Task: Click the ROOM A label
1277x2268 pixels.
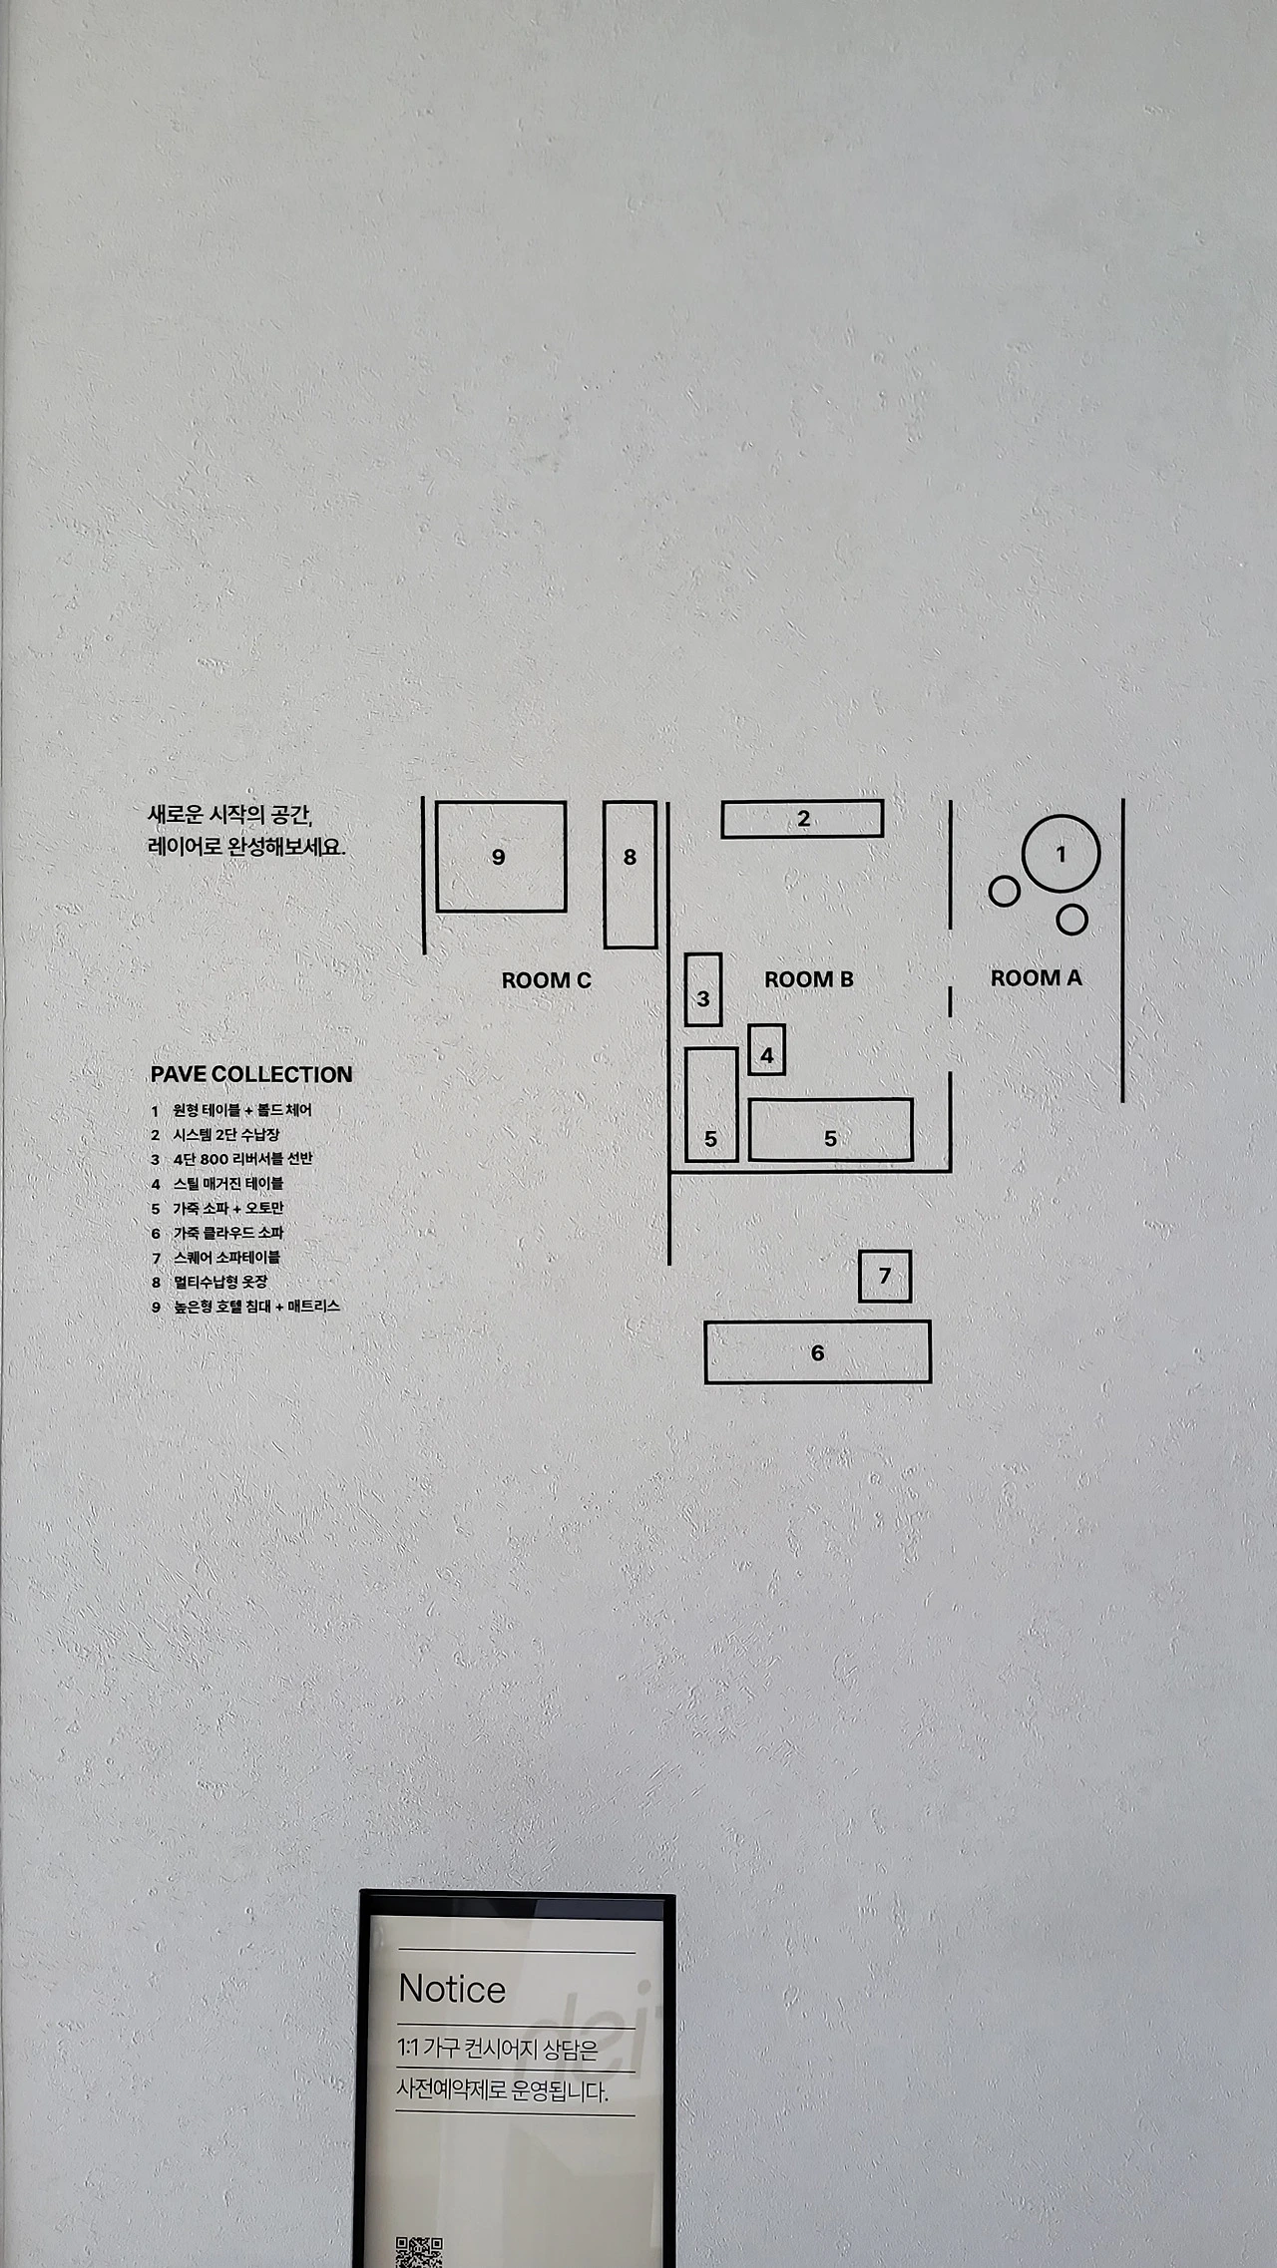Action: point(1036,978)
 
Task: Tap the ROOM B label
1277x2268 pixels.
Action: point(808,980)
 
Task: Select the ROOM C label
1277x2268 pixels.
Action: point(546,981)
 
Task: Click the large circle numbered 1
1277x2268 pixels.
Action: point(1061,854)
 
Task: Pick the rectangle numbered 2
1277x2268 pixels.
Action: point(802,819)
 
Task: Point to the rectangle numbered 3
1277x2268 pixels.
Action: point(703,989)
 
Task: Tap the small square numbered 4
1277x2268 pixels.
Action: point(766,1050)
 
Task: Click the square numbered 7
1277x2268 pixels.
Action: point(885,1277)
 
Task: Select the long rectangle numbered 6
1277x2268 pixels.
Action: point(817,1352)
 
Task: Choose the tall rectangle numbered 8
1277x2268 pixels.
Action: point(630,875)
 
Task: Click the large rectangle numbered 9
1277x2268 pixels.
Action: point(501,857)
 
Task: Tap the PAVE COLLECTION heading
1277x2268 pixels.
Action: point(251,1075)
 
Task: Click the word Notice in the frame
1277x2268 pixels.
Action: point(452,1990)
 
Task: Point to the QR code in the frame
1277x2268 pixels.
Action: point(419,2249)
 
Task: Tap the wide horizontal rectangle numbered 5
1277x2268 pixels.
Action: point(830,1130)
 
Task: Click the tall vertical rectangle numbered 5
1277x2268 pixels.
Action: point(711,1105)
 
